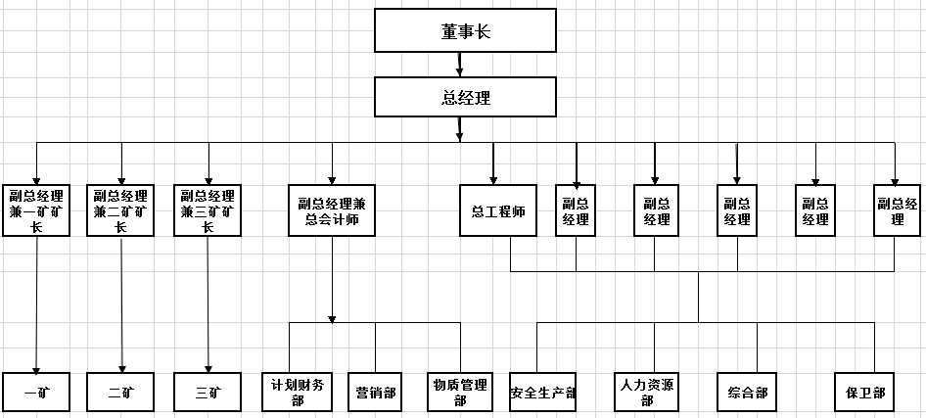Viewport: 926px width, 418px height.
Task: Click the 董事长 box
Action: click(464, 31)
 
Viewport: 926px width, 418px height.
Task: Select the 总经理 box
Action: click(464, 97)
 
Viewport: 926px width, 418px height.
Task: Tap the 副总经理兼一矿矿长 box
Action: click(36, 210)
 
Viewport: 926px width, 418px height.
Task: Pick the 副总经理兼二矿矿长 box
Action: click(121, 210)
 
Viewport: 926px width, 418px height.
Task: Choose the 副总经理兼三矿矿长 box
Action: click(208, 210)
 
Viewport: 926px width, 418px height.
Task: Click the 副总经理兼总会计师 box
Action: click(331, 210)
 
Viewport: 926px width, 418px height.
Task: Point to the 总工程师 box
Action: click(498, 210)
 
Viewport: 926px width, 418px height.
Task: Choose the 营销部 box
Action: click(376, 394)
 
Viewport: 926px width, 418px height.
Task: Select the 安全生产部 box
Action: click(542, 394)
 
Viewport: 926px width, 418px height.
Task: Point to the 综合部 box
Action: click(749, 394)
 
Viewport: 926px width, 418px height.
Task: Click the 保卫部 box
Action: click(865, 394)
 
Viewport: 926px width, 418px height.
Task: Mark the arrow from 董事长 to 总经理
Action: click(460, 64)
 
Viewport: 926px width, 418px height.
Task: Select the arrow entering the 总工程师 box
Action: click(492, 163)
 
